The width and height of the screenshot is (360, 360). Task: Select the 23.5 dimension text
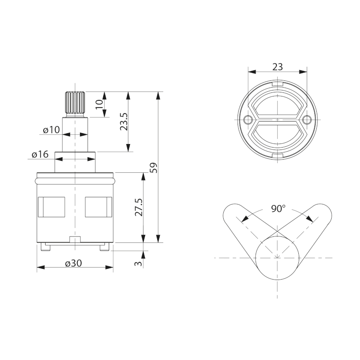coord(124,122)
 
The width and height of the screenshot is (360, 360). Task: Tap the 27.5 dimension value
coord(139,207)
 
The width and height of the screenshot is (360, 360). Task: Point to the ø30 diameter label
coord(73,263)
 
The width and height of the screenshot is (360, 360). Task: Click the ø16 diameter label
coord(40,154)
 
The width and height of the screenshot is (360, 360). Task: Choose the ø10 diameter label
coord(51,130)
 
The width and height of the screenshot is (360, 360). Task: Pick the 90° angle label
coord(278,208)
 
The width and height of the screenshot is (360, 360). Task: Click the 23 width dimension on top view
coord(278,67)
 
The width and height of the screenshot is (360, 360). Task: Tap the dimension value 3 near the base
coord(138,263)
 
